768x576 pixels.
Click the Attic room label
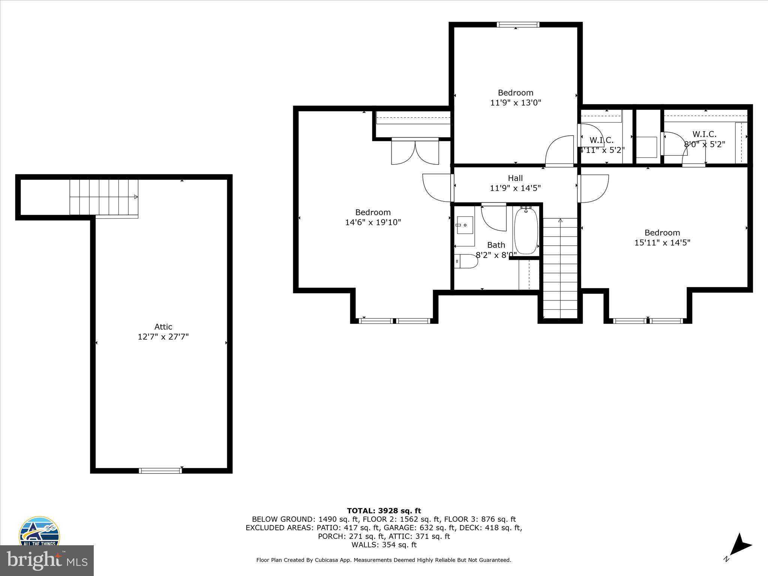[163, 327]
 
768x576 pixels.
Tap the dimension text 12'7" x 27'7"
[163, 337]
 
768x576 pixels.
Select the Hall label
[515, 178]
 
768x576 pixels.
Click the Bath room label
[496, 245]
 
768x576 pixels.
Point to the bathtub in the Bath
[526, 231]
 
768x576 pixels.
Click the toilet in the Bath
[466, 261]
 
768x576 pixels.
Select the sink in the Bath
[465, 225]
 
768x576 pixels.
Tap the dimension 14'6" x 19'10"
[373, 222]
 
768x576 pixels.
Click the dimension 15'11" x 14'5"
[662, 243]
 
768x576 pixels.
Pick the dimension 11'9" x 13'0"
[516, 102]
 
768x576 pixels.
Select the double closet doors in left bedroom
[415, 151]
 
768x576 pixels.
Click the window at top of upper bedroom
[518, 25]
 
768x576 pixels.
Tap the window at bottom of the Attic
[160, 471]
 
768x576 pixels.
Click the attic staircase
[104, 197]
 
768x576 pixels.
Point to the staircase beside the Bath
[560, 268]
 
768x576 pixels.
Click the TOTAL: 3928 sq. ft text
[384, 511]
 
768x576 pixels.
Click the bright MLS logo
[46, 560]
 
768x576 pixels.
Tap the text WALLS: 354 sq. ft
[384, 545]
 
